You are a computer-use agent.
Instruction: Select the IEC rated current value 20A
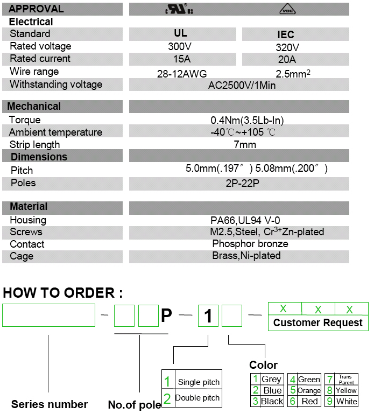286,60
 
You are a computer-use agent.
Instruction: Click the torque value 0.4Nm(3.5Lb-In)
247,120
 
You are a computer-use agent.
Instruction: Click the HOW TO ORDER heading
63,293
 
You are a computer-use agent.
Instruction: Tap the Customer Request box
318,323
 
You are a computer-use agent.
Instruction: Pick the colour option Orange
309,390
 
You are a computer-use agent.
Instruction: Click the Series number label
50,404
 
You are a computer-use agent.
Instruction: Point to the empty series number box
48,315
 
